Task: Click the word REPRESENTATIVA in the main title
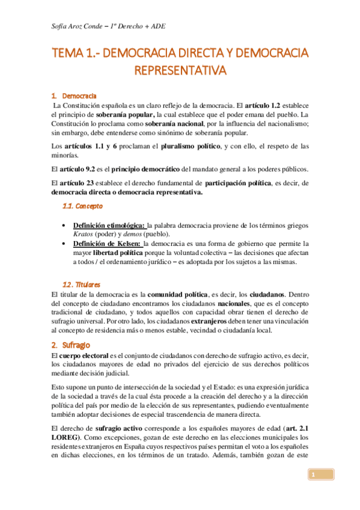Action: pyautogui.click(x=180, y=71)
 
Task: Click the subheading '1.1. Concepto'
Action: pyautogui.click(x=83, y=206)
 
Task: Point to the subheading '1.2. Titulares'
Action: pyautogui.click(x=82, y=284)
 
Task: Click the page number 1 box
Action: pyautogui.click(x=313, y=476)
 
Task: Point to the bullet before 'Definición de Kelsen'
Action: pyautogui.click(x=64, y=244)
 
